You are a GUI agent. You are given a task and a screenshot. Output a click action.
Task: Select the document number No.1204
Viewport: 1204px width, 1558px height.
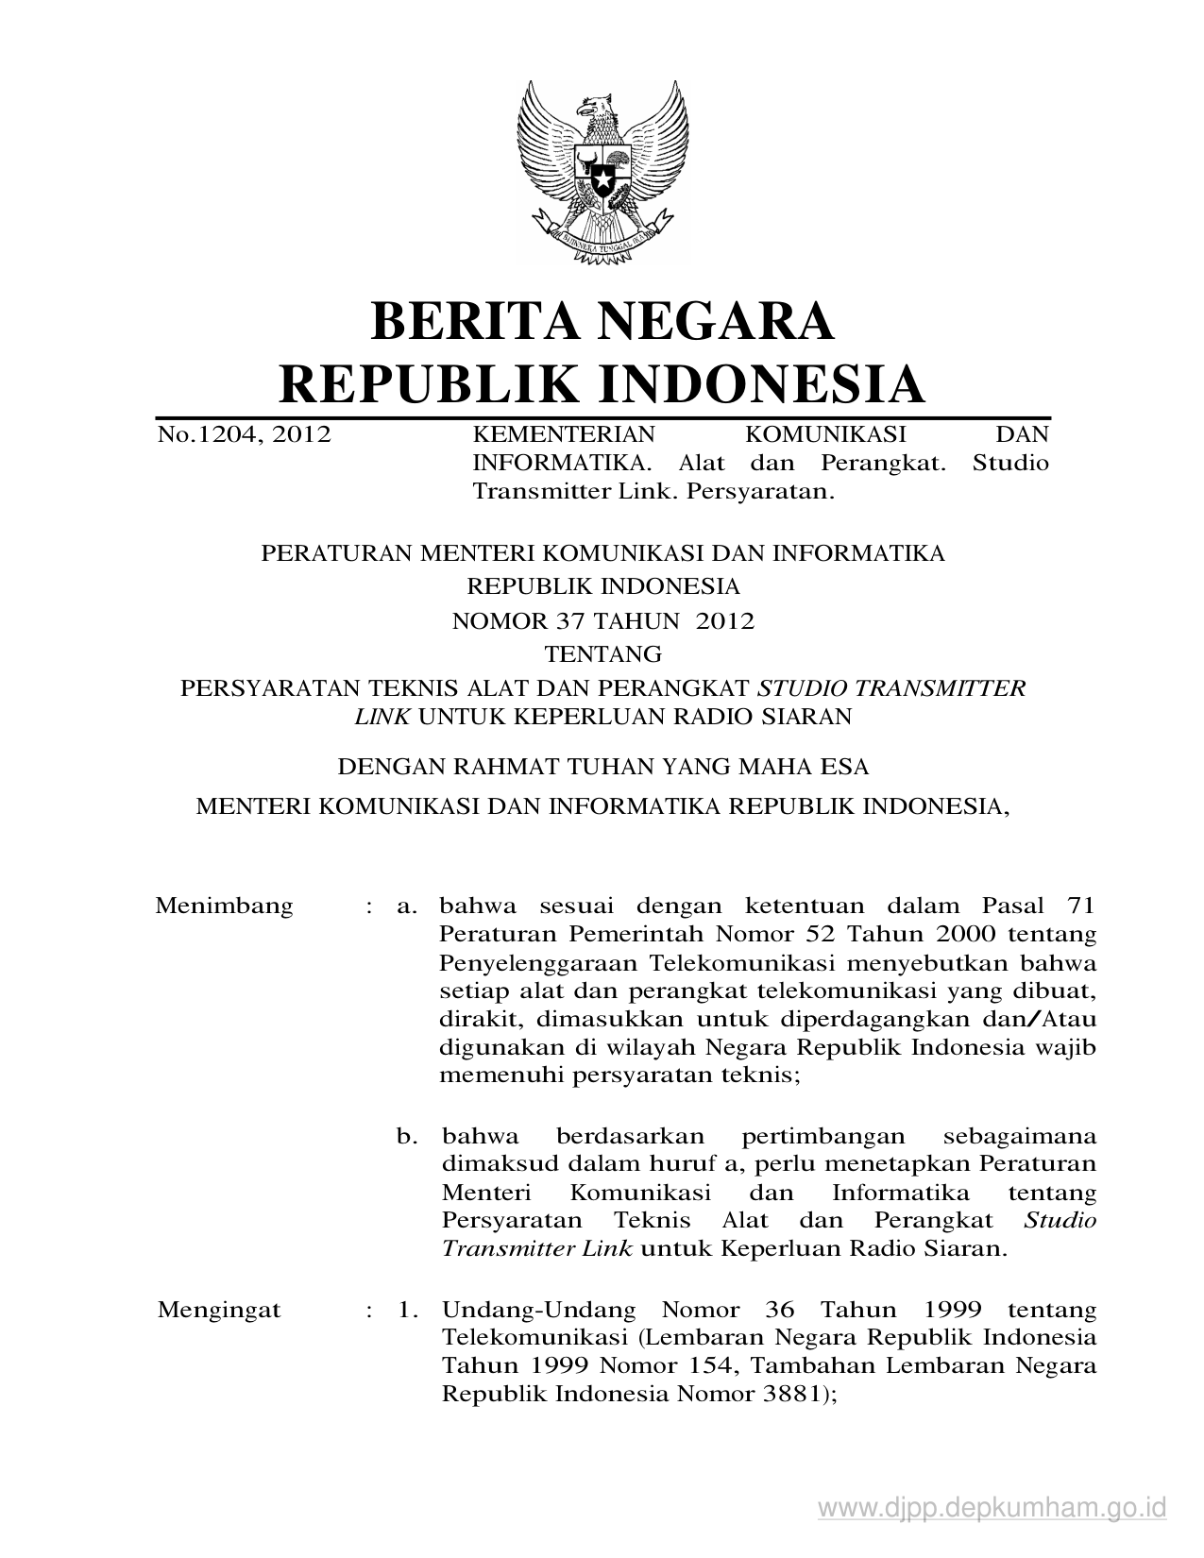tap(204, 434)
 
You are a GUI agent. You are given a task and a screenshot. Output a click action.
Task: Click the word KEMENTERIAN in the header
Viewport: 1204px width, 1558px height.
tap(563, 434)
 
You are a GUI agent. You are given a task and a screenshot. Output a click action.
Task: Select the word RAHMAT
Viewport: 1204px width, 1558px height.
tap(498, 767)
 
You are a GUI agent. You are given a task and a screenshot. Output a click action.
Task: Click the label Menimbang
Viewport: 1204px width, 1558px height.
tap(224, 906)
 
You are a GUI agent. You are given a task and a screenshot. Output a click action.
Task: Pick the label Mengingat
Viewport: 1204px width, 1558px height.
tap(219, 1311)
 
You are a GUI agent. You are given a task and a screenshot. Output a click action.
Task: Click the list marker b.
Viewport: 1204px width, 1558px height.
tap(407, 1136)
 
